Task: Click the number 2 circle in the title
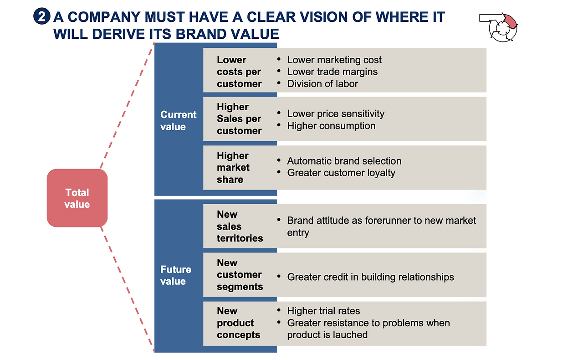tap(41, 16)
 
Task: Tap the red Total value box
tap(77, 198)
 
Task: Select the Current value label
tap(178, 121)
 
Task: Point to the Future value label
tap(176, 275)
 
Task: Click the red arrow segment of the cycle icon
tap(510, 21)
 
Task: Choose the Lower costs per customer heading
tap(239, 72)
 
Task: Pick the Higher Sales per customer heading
tap(239, 119)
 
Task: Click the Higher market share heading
tap(233, 168)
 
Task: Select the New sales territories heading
tap(240, 226)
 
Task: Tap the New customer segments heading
tap(240, 275)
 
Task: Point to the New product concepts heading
tap(238, 323)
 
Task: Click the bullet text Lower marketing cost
tap(334, 60)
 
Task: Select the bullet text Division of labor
tap(322, 83)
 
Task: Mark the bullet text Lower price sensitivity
tap(336, 114)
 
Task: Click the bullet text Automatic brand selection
tap(344, 161)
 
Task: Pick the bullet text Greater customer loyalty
tap(341, 173)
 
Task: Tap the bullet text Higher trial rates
tap(323, 311)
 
